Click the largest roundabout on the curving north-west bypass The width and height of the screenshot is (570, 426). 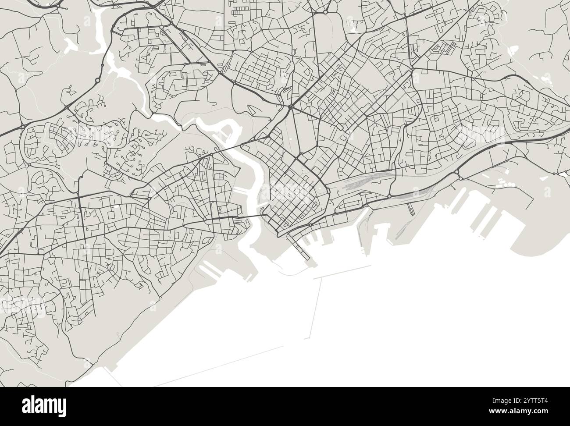[x=97, y=81]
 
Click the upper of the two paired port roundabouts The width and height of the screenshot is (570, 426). [x=456, y=171]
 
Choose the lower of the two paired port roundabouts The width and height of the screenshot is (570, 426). [x=460, y=177]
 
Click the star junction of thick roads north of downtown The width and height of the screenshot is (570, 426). [x=290, y=106]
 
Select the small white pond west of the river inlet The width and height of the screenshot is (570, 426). [x=71, y=43]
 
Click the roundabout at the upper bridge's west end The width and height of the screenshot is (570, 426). [x=211, y=155]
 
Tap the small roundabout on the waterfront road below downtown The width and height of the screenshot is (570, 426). [x=310, y=225]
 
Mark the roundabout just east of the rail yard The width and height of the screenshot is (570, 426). [x=389, y=196]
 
